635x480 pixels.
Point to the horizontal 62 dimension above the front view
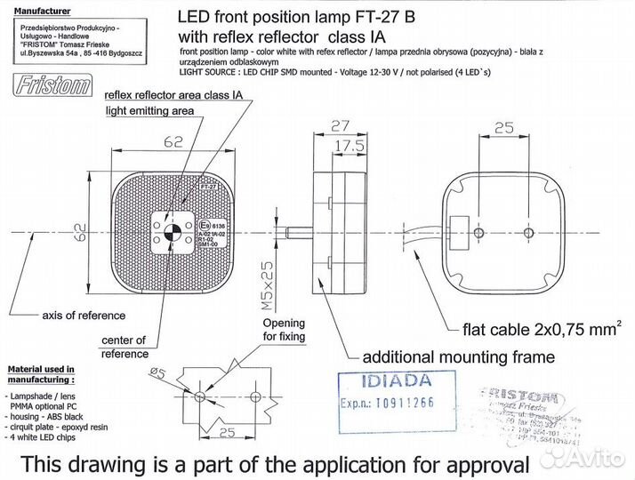tap(173, 140)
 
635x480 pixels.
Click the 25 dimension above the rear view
tap(503, 128)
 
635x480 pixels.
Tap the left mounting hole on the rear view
tap(479, 232)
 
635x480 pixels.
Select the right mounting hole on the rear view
tap(528, 232)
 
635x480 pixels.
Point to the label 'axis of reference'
tap(84, 316)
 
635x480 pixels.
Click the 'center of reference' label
tap(125, 347)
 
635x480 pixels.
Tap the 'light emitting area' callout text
tap(149, 111)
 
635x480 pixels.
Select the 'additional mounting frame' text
tap(458, 356)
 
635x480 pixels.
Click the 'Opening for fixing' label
tap(284, 330)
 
